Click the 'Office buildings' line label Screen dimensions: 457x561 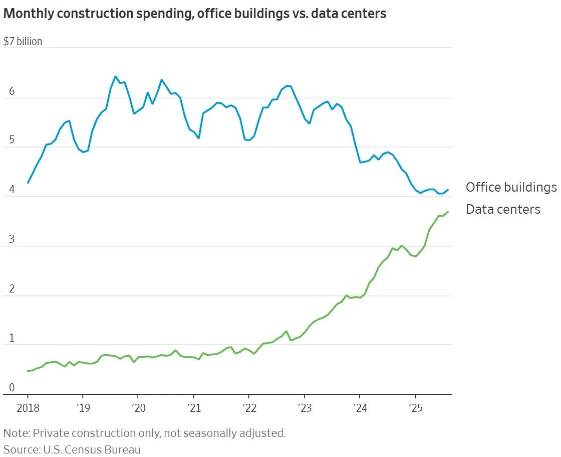coord(510,187)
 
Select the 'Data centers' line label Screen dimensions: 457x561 coord(503,209)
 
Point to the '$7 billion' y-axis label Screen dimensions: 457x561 coord(23,42)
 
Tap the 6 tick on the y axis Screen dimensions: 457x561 coord(12,92)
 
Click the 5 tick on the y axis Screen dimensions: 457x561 coord(12,141)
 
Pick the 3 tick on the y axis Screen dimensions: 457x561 coord(12,240)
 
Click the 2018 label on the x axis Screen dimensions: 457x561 coord(27,408)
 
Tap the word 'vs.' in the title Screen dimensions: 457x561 coord(298,14)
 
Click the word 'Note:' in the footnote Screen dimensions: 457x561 coord(17,433)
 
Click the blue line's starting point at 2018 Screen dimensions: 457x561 coord(28,183)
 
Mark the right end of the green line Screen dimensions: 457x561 coord(448,212)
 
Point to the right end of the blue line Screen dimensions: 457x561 coord(448,190)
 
